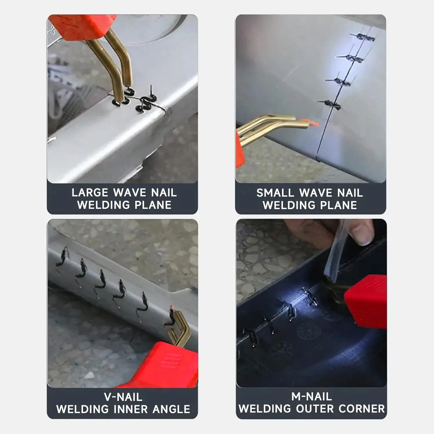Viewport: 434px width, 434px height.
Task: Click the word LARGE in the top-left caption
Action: tap(90, 193)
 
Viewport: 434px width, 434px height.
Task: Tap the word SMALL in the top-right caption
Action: tap(275, 193)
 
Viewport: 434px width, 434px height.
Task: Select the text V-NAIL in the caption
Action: tap(123, 397)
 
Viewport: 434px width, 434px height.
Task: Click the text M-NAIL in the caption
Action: tap(311, 397)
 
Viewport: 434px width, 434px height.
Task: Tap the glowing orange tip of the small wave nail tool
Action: tap(311, 122)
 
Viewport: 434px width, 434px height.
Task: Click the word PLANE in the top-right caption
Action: tap(339, 205)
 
